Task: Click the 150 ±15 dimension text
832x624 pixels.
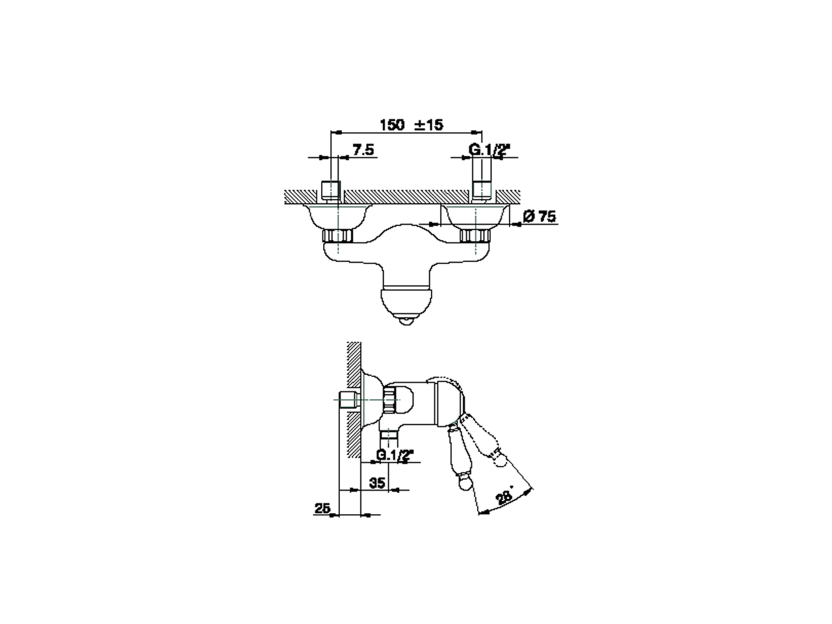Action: click(411, 124)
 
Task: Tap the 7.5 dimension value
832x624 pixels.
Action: click(363, 149)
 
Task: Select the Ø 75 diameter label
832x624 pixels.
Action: click(539, 216)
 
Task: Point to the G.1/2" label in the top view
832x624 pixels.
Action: click(489, 149)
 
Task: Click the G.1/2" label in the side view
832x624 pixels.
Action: click(395, 454)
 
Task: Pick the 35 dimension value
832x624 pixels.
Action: click(377, 483)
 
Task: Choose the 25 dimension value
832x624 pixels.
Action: click(322, 508)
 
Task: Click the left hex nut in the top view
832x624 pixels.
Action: click(337, 236)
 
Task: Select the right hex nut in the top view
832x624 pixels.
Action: click(474, 236)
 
